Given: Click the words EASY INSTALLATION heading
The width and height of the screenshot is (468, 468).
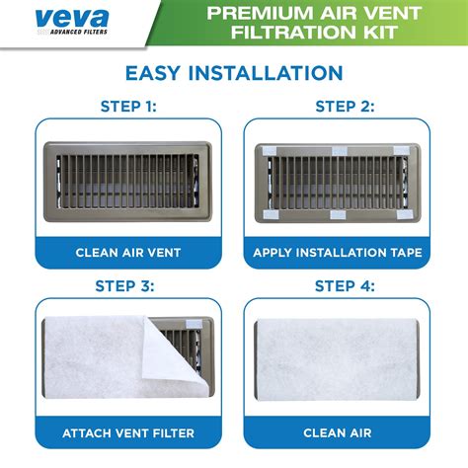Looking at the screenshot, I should (x=234, y=73).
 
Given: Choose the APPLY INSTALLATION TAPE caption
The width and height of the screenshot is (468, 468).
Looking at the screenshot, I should (x=338, y=253).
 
